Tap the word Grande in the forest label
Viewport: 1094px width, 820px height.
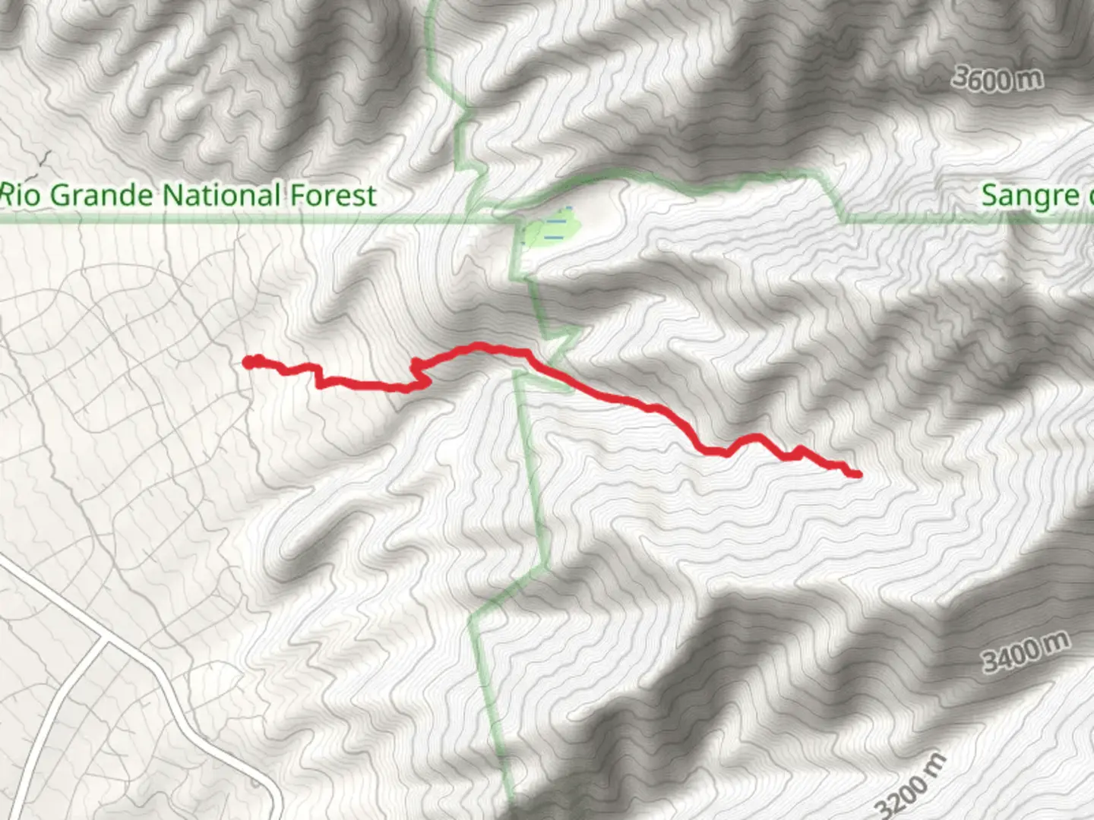[101, 196]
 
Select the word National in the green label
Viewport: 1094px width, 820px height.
[222, 195]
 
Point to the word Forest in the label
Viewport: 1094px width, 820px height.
[333, 195]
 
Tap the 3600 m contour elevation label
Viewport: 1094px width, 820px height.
[997, 79]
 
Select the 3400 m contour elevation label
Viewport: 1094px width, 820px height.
[1026, 652]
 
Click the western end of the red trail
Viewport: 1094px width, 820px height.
[248, 362]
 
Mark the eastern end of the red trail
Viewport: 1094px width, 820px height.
[858, 475]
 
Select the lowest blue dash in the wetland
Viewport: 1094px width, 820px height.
[555, 236]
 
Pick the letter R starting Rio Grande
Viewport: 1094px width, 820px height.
[8, 195]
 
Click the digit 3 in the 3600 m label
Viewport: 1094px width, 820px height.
[960, 76]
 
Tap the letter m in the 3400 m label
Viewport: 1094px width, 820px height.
[1057, 642]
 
